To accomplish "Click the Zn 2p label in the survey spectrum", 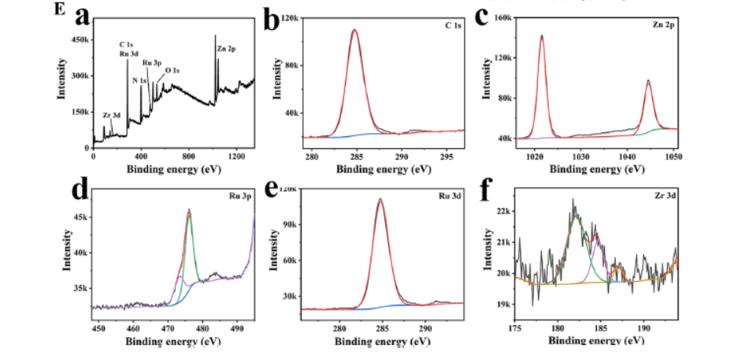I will click(226, 49).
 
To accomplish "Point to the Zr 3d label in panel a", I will click(112, 116).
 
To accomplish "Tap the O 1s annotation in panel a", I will click(172, 71).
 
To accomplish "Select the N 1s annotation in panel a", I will click(139, 80).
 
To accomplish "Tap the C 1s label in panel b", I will click(454, 26).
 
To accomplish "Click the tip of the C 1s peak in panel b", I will click(354, 30).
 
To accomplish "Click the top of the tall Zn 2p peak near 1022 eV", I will click(542, 35).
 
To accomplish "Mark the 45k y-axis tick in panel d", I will click(78, 216).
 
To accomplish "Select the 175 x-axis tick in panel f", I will click(516, 329).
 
